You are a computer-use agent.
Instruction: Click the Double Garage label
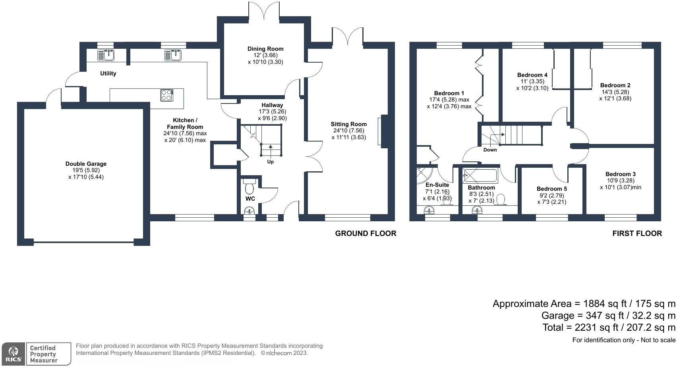click(86, 164)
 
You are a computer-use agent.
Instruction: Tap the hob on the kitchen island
click(167, 95)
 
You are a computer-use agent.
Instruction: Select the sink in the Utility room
click(106, 55)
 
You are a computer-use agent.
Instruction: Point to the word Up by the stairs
click(270, 162)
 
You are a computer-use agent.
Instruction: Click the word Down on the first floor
click(490, 150)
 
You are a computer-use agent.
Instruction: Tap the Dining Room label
click(265, 49)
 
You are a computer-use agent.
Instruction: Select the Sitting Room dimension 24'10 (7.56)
click(348, 131)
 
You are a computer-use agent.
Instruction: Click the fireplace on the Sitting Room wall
click(384, 131)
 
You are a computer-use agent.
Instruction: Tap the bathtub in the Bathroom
click(480, 175)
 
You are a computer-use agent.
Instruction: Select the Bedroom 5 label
click(551, 189)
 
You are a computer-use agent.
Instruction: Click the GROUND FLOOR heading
click(366, 233)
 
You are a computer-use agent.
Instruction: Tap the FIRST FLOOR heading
click(637, 233)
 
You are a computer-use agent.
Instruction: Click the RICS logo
click(13, 354)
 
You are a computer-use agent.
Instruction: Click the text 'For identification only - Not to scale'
click(623, 340)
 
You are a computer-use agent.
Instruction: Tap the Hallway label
click(272, 105)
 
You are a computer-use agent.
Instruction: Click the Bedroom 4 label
click(532, 75)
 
